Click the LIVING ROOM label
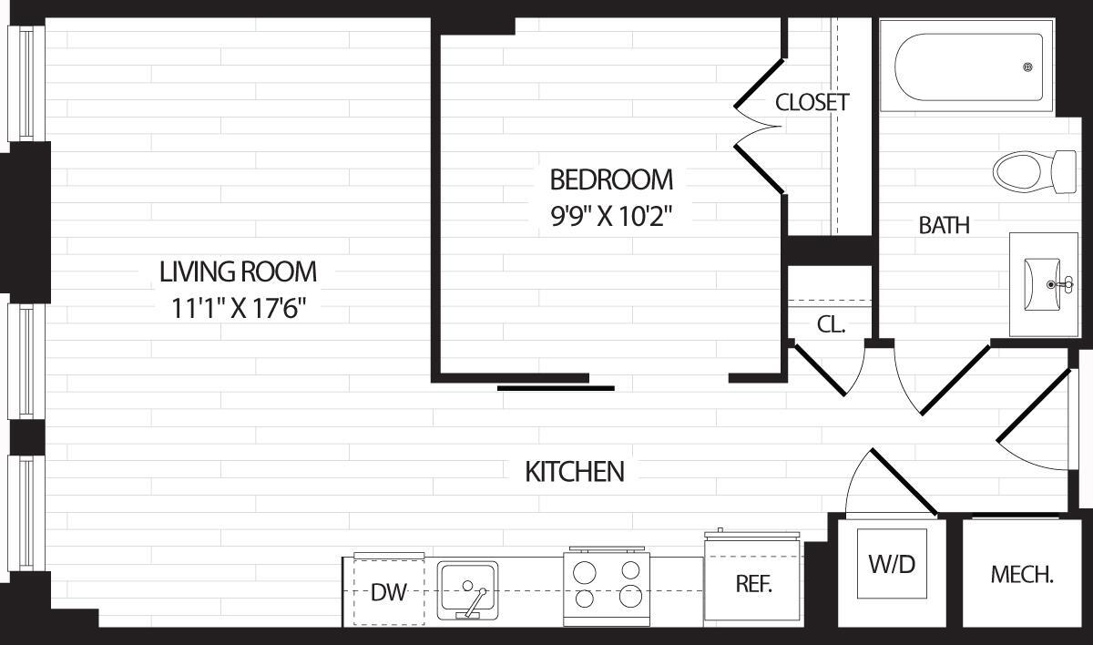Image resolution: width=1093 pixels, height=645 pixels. pos(238,271)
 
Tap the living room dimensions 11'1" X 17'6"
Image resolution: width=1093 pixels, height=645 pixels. pos(238,309)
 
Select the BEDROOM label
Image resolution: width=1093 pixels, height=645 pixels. pos(611,178)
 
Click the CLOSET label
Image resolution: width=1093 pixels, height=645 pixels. pos(812,102)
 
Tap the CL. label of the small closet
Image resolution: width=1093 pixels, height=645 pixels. pos(831,324)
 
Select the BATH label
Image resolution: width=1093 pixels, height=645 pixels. pos(944,225)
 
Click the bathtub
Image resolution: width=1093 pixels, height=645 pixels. pos(967,67)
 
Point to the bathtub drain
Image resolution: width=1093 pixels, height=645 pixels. pos(1028,67)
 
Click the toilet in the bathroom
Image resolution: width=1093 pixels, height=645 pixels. pos(1034,169)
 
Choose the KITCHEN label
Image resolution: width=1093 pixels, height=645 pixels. pos(575,472)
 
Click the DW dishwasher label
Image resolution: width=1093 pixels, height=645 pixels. pos(388,593)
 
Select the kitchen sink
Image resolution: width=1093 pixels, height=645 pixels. pos(467,589)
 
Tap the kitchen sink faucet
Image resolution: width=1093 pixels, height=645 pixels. pos(475,601)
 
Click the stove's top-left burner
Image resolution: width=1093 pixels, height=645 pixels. pos(586,571)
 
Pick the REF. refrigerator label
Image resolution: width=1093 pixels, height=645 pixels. pos(753,585)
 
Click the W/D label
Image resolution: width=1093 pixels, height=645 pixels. pos(892,564)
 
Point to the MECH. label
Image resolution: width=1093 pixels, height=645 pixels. pos(1022,575)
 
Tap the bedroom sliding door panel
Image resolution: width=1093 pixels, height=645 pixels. pos(556,388)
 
